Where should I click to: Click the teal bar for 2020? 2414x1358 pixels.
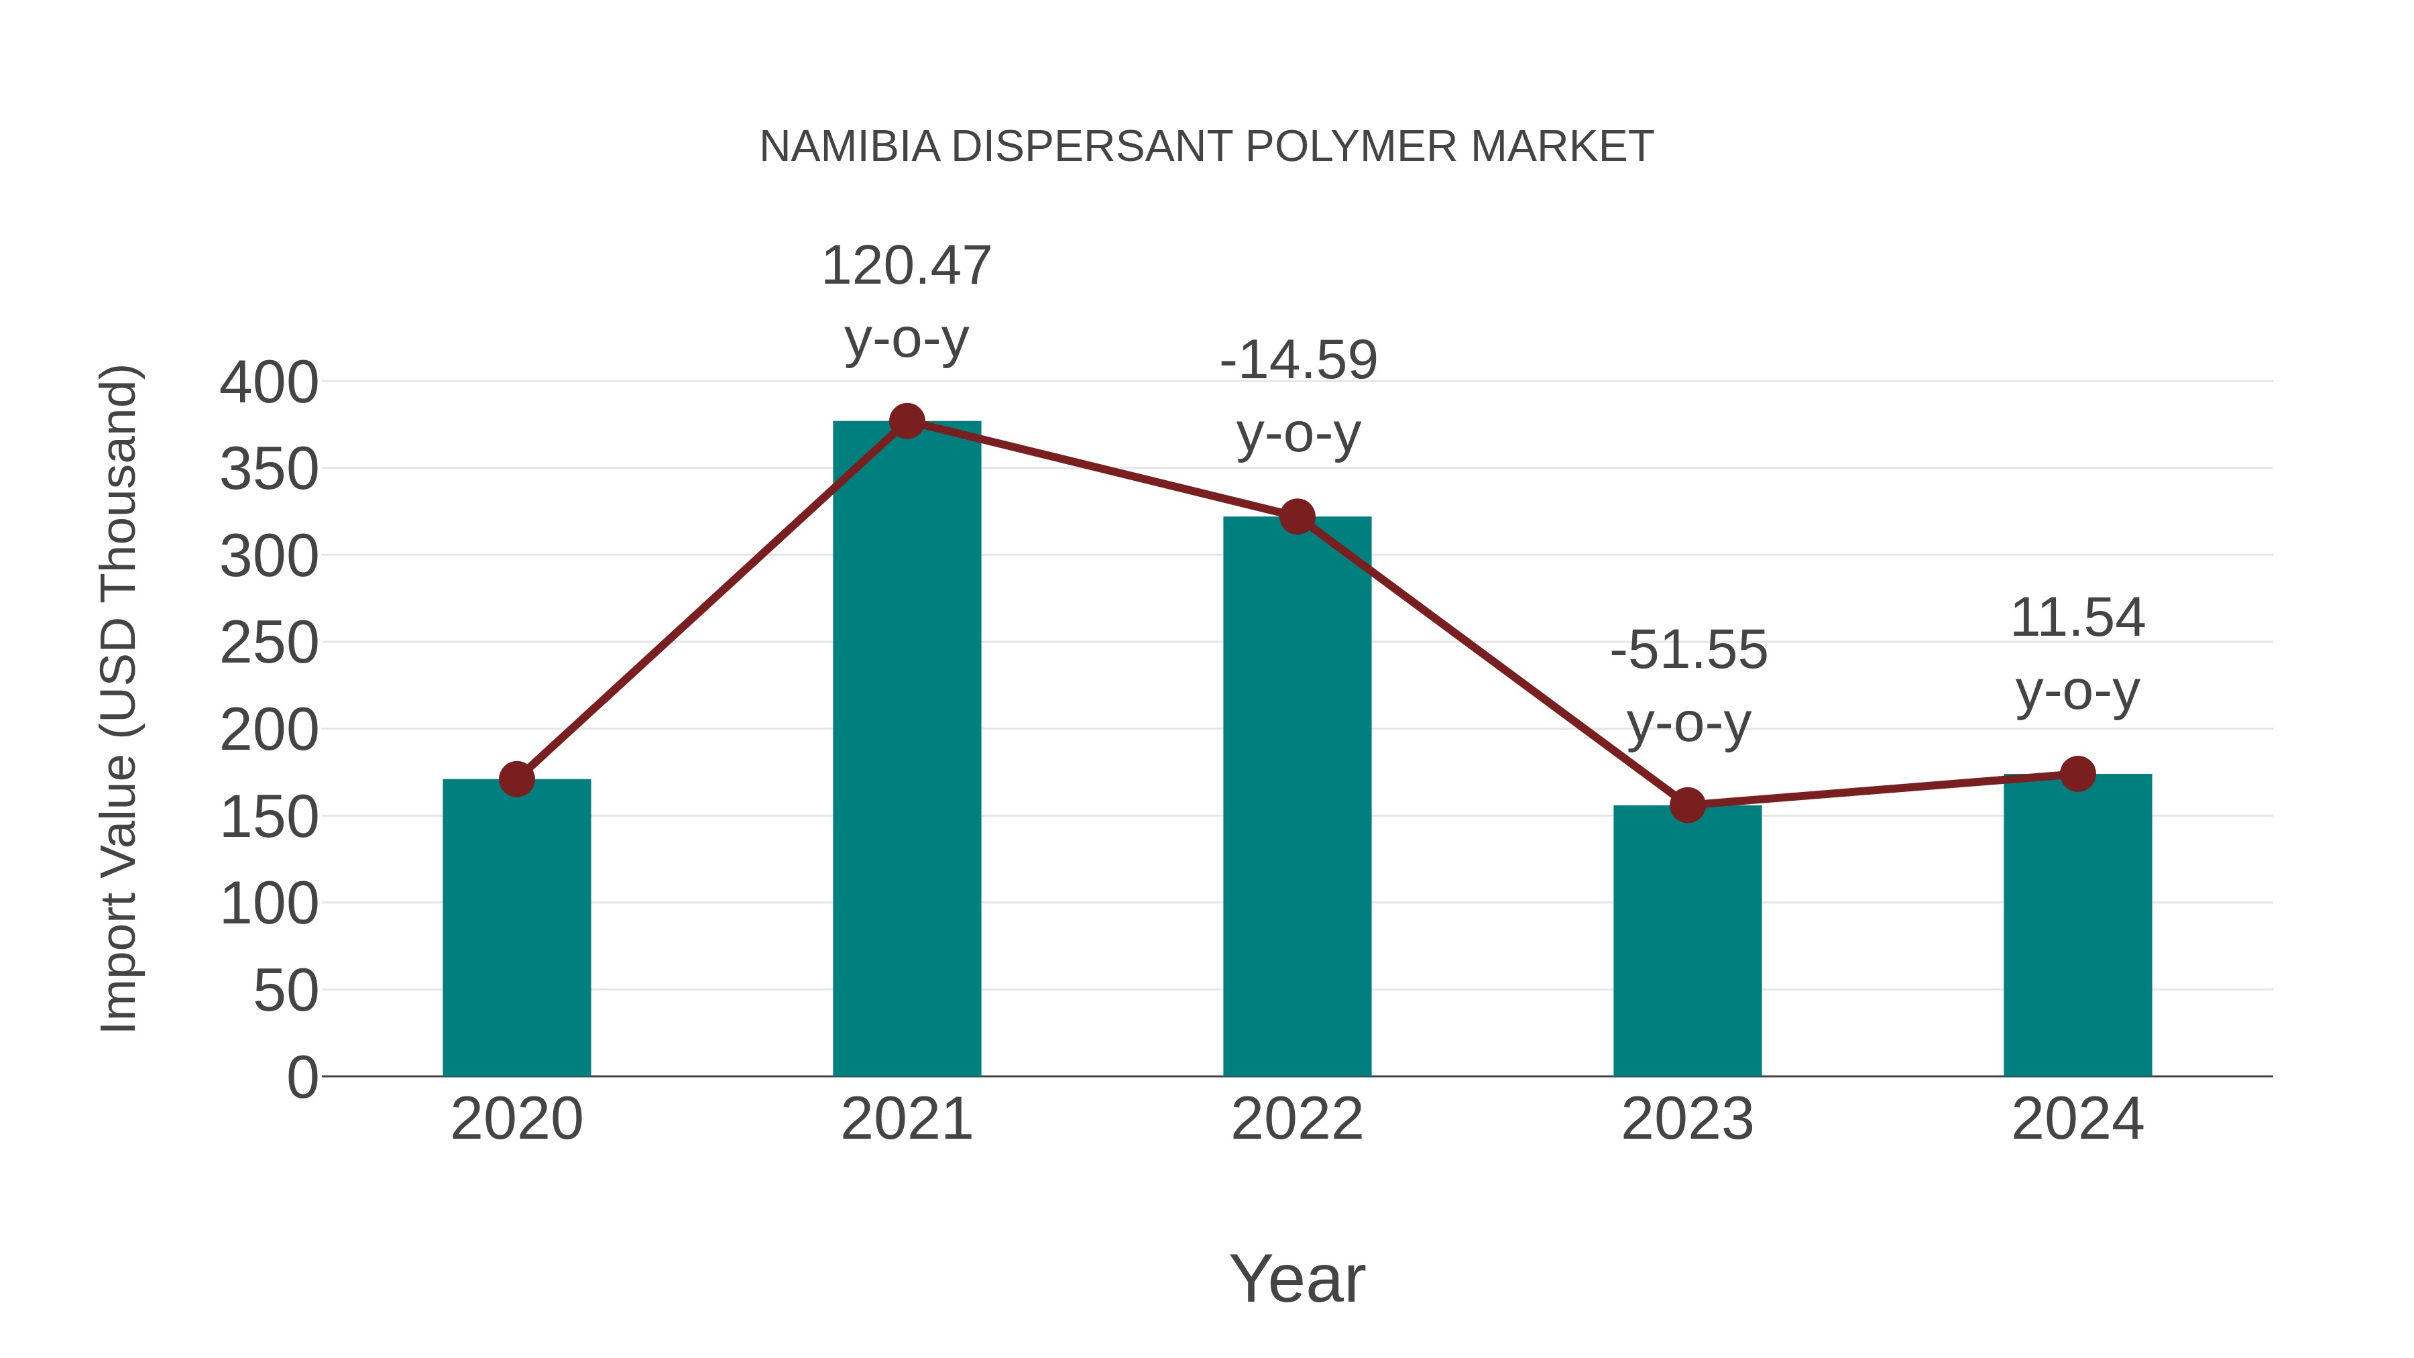click(x=516, y=928)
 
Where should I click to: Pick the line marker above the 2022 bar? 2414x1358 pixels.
click(x=1297, y=516)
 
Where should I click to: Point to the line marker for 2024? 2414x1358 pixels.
click(x=2077, y=774)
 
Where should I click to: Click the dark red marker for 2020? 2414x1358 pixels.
click(x=516, y=779)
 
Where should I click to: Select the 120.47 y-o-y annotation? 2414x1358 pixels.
click(x=906, y=302)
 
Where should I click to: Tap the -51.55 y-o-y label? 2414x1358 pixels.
click(x=1688, y=686)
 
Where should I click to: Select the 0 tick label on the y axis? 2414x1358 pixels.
click(x=302, y=1077)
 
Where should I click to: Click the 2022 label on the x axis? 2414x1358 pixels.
click(x=1297, y=1119)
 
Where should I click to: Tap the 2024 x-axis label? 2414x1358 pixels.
click(x=2077, y=1119)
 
